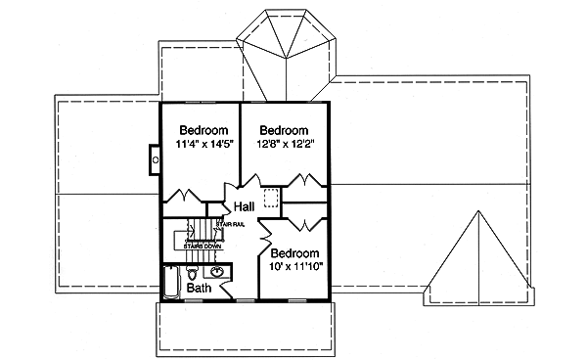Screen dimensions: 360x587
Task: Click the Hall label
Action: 245,207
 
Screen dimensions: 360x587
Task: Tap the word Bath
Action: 200,289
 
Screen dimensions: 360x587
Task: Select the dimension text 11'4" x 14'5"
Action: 203,146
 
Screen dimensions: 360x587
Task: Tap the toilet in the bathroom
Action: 193,271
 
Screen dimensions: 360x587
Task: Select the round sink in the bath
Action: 218,272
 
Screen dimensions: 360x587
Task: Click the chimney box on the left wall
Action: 154,156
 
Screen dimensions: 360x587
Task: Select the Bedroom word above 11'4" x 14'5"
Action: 203,130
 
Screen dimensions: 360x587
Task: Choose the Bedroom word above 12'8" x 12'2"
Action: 285,130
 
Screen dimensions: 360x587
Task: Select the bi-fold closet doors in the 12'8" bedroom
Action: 303,183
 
